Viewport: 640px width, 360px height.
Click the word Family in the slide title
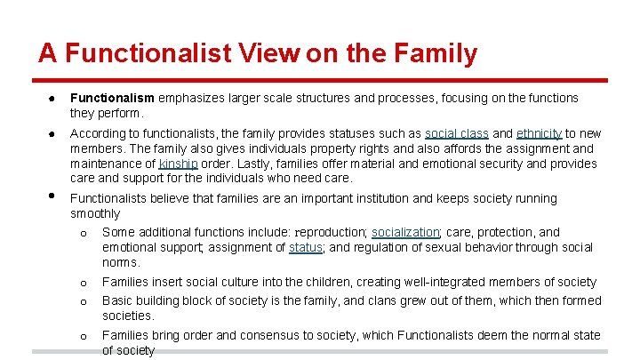point(433,53)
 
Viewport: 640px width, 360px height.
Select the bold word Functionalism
point(112,98)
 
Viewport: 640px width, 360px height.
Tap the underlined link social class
point(457,133)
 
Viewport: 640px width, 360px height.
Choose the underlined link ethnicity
point(540,133)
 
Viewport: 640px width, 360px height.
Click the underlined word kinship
point(179,164)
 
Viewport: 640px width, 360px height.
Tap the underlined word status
point(306,247)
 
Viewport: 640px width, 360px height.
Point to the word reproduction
point(331,232)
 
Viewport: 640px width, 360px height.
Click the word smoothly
point(95,213)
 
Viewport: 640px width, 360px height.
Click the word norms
point(121,262)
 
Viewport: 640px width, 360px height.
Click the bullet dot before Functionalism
point(53,99)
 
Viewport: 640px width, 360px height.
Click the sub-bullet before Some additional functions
point(83,234)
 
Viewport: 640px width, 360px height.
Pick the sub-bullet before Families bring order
point(83,336)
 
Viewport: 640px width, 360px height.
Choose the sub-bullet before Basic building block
point(83,301)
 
